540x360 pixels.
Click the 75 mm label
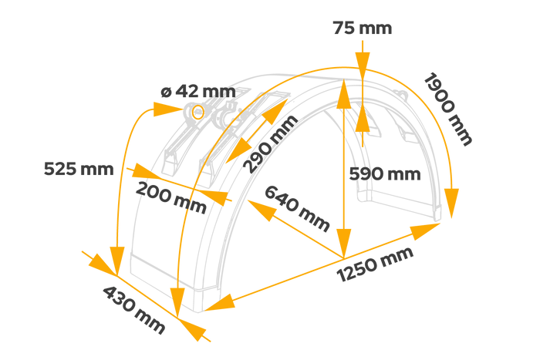click(x=362, y=29)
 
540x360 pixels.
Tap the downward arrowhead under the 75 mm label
click(x=362, y=62)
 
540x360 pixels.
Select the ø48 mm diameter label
click(x=197, y=92)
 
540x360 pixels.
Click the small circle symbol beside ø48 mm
click(x=198, y=113)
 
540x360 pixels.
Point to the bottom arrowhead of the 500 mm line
click(x=344, y=240)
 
